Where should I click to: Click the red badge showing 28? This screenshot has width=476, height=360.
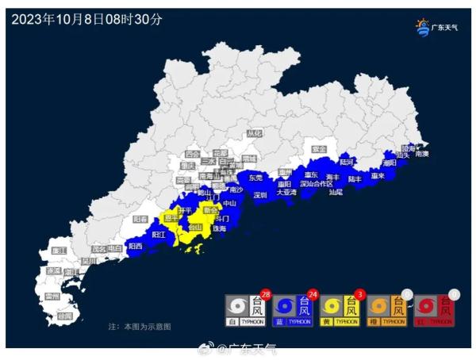(x=267, y=293)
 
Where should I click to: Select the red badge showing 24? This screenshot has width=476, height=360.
(x=313, y=293)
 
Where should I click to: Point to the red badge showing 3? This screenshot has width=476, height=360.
(x=361, y=293)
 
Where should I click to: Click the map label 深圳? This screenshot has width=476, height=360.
(x=260, y=194)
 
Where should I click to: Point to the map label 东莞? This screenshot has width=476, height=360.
(x=255, y=178)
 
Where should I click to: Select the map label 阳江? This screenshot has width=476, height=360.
(x=158, y=235)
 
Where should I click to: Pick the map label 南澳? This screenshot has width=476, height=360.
(x=423, y=154)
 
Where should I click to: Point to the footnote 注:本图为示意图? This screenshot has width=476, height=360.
(x=139, y=327)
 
